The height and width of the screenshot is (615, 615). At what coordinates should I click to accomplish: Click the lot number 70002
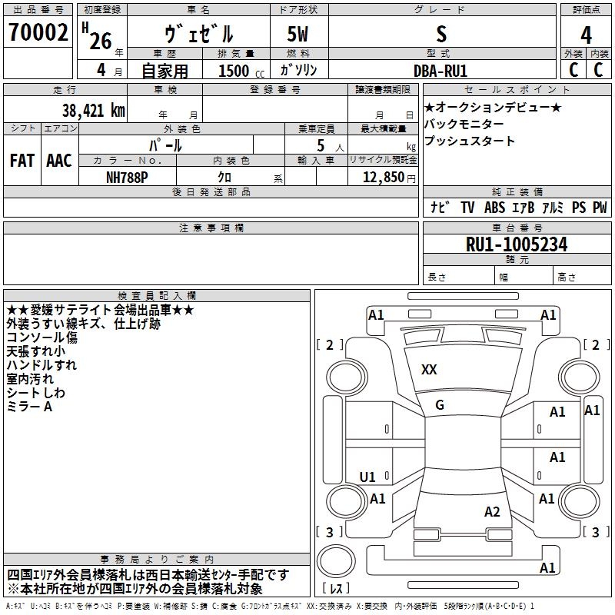[38, 32]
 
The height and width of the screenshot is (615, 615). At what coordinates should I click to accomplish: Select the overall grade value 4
[586, 35]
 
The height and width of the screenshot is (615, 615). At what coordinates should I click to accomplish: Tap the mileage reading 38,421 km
[93, 111]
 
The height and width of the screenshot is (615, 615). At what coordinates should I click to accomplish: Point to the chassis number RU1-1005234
[517, 244]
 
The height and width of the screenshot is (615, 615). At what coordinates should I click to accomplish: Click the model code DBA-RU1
[440, 71]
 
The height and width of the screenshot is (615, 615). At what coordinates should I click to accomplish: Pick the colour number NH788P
[127, 178]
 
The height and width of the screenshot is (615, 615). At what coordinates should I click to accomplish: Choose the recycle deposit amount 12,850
[383, 178]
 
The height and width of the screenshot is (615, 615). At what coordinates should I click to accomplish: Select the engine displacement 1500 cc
[241, 71]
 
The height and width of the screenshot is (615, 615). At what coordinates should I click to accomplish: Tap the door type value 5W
[298, 34]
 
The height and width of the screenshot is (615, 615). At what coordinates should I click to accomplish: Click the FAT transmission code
[22, 161]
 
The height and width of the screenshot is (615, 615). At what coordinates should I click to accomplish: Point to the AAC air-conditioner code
[59, 161]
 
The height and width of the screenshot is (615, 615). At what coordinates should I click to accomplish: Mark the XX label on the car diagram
[429, 370]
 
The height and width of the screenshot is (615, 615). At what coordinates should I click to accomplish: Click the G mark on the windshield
[440, 405]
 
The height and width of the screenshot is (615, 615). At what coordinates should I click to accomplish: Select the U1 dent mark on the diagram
[367, 477]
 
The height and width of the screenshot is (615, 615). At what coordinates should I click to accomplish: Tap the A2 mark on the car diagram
[492, 512]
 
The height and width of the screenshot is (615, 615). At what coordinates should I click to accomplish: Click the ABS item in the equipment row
[494, 207]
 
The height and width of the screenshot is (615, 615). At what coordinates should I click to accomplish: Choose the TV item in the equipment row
[467, 207]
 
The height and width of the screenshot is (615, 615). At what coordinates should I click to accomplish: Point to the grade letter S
[441, 34]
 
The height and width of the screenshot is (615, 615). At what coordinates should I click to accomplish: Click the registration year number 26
[101, 41]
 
